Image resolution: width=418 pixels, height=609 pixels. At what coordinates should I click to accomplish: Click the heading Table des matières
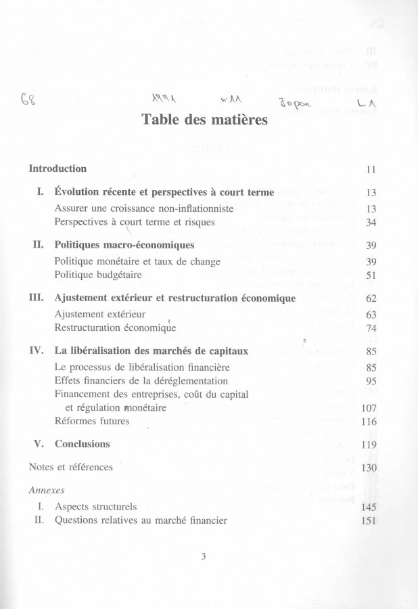coord(195,121)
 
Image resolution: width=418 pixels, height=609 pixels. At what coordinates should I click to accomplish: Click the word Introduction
coord(57,168)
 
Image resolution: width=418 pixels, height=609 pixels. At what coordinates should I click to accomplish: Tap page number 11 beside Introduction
coord(370,169)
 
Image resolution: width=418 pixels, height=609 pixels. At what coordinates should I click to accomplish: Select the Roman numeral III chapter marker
coord(37,298)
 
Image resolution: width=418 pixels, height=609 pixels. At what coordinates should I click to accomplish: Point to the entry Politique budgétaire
coord(95,275)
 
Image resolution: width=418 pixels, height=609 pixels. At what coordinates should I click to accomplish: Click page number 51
coord(370,275)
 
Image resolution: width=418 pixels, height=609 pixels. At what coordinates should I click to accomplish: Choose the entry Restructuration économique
coord(115,328)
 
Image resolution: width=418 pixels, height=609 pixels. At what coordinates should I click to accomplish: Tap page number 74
coord(370,328)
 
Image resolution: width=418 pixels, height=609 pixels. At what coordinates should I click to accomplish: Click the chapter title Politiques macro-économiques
coord(124,245)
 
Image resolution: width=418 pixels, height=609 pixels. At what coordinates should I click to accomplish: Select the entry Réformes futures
coord(91,421)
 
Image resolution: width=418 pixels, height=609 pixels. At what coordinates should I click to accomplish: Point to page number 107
coord(368,408)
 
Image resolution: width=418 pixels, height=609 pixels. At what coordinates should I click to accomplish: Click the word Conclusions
coord(82,445)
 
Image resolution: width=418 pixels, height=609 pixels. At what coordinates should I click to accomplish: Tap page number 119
coord(368,445)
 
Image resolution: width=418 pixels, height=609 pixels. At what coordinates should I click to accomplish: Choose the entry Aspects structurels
coord(95,506)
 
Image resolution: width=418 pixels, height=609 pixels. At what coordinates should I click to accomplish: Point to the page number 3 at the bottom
coord(202,556)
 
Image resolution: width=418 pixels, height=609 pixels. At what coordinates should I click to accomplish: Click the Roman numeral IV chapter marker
coord(37,351)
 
